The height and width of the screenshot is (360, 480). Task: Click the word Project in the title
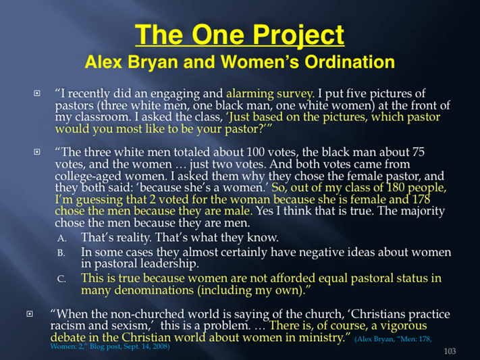click(299, 36)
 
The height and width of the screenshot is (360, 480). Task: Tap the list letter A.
click(61, 238)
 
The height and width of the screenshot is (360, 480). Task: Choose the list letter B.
click(61, 253)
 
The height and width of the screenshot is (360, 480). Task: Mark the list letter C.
click(61, 279)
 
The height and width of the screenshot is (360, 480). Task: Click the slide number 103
click(450, 351)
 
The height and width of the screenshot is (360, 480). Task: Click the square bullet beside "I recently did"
click(36, 93)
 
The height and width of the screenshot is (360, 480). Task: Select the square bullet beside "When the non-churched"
click(30, 314)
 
